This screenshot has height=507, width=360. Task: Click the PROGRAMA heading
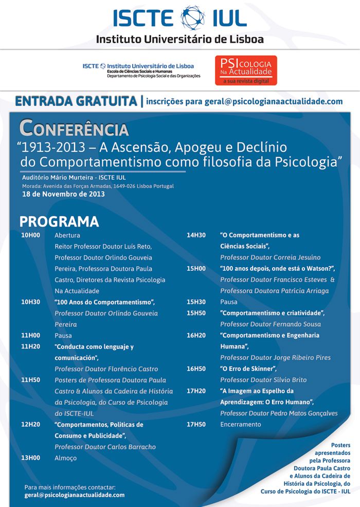[59, 222]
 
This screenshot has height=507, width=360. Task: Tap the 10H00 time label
[31, 235]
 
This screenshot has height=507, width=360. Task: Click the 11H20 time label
[31, 347]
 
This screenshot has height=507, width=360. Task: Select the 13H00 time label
[31, 458]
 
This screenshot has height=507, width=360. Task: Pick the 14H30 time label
[196, 235]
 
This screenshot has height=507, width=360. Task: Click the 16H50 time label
[196, 369]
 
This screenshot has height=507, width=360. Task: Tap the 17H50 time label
[196, 425]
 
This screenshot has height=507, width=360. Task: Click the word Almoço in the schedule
[66, 458]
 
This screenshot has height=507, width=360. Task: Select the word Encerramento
[240, 425]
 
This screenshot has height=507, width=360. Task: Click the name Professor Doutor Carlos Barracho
[105, 447]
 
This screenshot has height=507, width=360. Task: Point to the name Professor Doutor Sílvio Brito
[263, 380]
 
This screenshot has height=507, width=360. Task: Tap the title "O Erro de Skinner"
[248, 369]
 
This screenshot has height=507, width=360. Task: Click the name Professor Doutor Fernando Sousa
[270, 324]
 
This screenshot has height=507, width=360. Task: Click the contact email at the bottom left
[75, 495]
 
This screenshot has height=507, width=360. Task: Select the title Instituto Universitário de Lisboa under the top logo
[180, 39]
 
